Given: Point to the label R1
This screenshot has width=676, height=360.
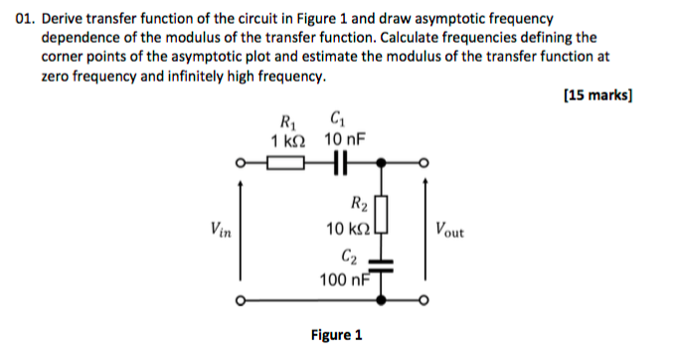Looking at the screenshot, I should pos(288,123).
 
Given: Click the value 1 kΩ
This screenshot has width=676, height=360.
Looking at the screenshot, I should pos(288,141).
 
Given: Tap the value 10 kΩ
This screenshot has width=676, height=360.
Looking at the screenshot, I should pos(348,229).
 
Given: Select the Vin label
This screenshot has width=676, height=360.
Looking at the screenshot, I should pos(224,231).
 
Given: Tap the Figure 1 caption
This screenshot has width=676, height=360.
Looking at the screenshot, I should pos(337,335).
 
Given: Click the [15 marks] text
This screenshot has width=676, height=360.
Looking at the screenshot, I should pos(598,96).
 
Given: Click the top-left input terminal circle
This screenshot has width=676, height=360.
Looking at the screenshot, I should pos(241,163).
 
